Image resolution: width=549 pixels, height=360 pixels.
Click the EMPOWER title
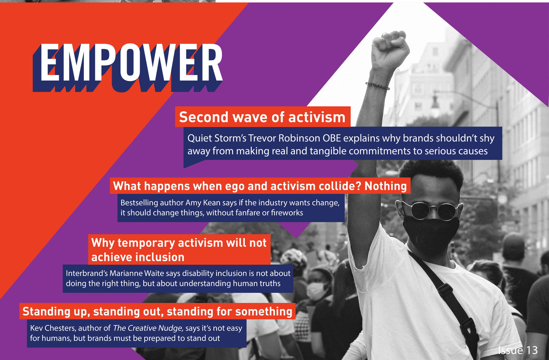[128, 67]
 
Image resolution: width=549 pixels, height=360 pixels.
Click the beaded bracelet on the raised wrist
[377, 86]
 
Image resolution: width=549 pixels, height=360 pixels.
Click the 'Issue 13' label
[518, 350]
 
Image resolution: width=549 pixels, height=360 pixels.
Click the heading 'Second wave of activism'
[262, 117]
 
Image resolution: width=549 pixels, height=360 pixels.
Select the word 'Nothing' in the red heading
[385, 186]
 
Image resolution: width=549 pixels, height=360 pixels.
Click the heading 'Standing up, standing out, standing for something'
[157, 312]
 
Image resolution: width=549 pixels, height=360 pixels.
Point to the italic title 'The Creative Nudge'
[148, 328]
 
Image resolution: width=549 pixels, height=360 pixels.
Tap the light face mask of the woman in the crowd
[315, 291]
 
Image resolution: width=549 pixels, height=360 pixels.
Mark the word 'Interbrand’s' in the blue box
[87, 273]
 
